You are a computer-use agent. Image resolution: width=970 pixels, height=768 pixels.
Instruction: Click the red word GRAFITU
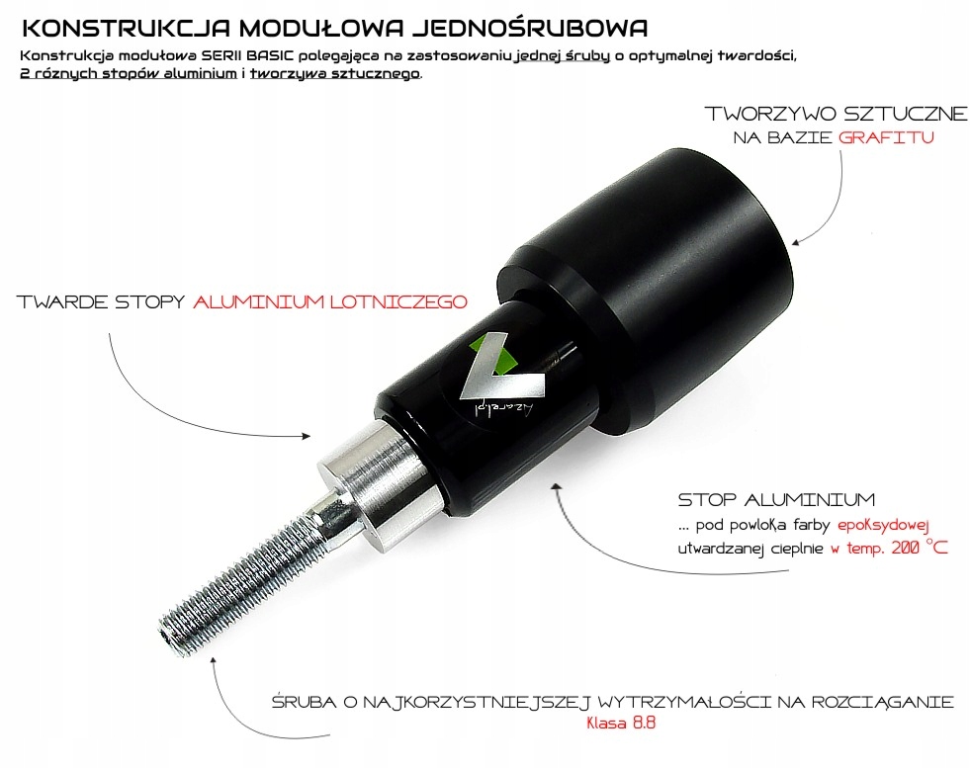pos(886,137)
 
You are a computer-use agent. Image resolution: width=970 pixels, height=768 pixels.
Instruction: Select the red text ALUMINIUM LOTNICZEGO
pos(330,301)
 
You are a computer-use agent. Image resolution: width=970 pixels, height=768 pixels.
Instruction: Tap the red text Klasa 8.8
pos(621,723)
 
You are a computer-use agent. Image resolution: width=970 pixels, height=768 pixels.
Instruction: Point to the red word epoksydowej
pos(883,526)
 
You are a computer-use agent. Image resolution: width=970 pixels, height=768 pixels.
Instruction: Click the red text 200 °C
pos(920,548)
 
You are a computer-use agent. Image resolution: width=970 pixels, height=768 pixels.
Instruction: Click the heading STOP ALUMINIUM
pos(776,499)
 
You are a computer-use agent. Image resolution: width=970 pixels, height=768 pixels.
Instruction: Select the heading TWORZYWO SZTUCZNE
pos(837,114)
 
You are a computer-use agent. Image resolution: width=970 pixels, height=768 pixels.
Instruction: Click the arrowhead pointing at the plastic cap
pos(797,242)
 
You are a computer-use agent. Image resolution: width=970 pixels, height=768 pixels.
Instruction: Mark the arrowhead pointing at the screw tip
pos(214,661)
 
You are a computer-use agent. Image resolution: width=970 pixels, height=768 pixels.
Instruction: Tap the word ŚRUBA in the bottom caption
pos(305,702)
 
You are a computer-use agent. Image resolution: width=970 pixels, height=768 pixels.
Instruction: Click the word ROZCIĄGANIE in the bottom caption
pos(882,703)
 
